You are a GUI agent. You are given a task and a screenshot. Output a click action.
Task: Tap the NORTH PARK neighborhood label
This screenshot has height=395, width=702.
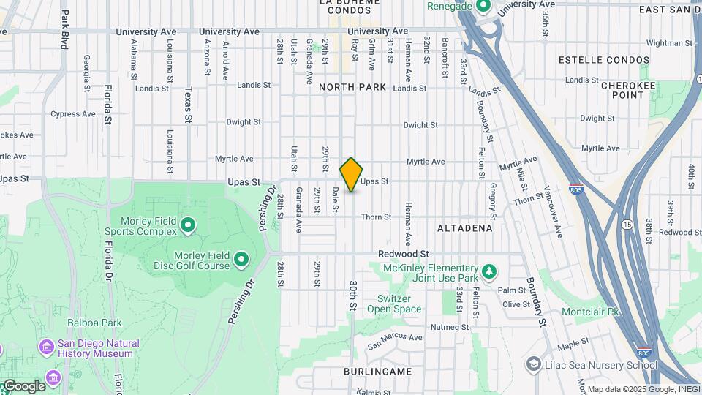352,87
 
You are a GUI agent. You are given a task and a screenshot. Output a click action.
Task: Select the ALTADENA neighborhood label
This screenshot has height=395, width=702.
465,228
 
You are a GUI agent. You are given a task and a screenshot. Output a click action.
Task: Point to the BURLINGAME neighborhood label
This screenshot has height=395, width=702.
377,372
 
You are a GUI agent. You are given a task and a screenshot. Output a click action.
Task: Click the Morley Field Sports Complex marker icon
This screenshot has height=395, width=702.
188,225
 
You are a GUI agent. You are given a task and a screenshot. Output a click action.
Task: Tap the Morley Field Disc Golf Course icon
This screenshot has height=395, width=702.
241,258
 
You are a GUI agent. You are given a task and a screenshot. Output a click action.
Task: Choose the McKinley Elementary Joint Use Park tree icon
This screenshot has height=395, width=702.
489,272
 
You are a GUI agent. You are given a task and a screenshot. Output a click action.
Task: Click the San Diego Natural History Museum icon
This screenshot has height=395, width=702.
48,346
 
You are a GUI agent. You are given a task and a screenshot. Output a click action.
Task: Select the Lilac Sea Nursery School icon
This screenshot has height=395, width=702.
534,364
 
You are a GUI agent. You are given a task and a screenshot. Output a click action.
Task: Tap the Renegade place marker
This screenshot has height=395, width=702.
482,7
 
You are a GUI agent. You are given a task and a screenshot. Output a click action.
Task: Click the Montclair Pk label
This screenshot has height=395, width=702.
591,312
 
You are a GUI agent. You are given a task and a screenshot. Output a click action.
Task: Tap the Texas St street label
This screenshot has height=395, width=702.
188,105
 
